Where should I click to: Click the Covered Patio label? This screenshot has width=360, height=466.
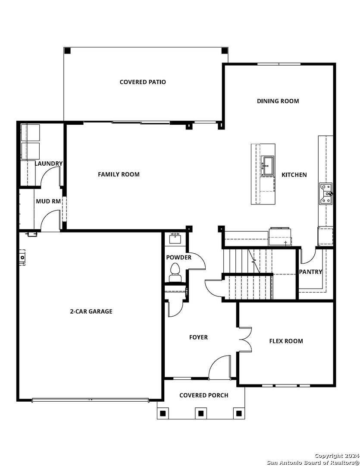(x=143, y=82)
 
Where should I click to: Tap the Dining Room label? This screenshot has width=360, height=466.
(x=278, y=101)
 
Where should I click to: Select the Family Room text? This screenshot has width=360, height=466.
(x=119, y=174)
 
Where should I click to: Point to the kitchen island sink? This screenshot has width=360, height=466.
(x=268, y=166)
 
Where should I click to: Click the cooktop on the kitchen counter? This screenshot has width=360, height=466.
(x=326, y=193)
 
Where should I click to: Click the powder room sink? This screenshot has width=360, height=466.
(x=175, y=238)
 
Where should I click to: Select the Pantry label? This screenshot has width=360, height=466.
(x=310, y=272)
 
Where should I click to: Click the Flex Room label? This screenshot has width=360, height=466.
(x=286, y=341)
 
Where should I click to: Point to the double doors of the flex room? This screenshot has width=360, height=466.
(x=245, y=339)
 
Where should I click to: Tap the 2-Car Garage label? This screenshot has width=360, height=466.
(x=91, y=311)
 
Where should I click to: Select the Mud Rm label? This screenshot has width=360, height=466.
(x=48, y=201)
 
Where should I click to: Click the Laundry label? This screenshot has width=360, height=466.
(x=49, y=164)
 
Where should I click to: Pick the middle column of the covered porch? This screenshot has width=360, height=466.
(x=200, y=413)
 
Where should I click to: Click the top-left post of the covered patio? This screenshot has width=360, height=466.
(x=67, y=50)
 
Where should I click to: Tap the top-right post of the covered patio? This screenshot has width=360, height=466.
(x=224, y=50)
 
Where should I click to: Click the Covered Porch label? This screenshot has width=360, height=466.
(x=203, y=395)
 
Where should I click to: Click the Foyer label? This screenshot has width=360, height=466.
(x=198, y=337)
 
